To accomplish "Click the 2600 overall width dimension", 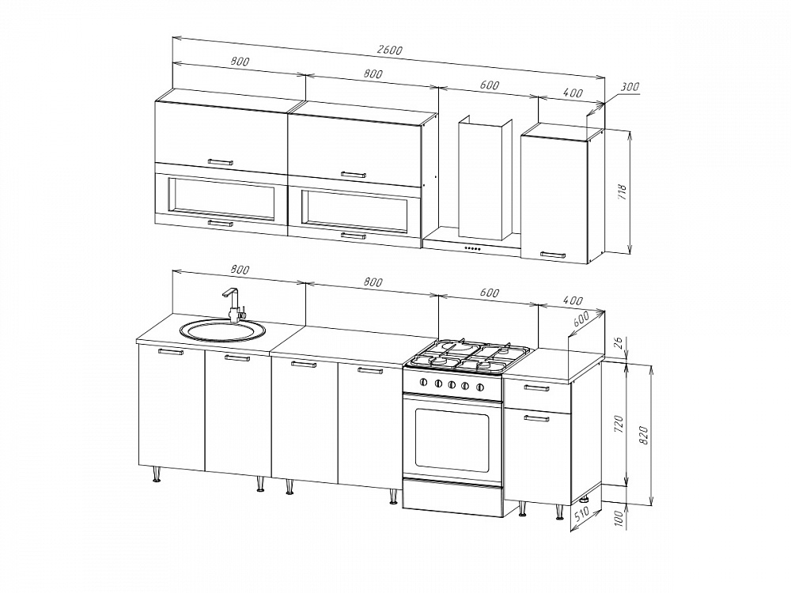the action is pyautogui.click(x=389, y=50).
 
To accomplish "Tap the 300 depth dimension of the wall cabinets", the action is pyautogui.click(x=630, y=87).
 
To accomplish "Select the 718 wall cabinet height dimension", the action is pyautogui.click(x=622, y=191).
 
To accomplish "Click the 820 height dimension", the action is pyautogui.click(x=643, y=435).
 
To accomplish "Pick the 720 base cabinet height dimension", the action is pyautogui.click(x=620, y=425).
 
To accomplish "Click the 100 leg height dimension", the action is pyautogui.click(x=620, y=518).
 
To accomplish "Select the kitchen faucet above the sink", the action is pyautogui.click(x=233, y=304).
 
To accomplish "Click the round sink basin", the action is pyautogui.click(x=222, y=330).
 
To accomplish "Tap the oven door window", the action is pyautogui.click(x=452, y=439).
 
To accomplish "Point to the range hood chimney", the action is pyautogui.click(x=485, y=178).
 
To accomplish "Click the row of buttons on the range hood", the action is pyautogui.click(x=473, y=247).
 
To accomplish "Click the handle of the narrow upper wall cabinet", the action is pyautogui.click(x=553, y=255).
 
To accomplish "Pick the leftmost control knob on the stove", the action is pyautogui.click(x=424, y=382).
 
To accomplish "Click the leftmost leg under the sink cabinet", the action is pyautogui.click(x=157, y=474).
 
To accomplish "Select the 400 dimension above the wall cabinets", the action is pyautogui.click(x=572, y=93).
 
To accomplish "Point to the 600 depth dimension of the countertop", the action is pyautogui.click(x=581, y=319).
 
